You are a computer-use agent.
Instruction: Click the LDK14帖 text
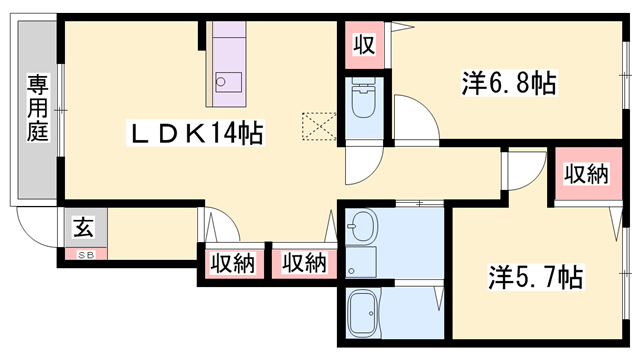pos(196,133)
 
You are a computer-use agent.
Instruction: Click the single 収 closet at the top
pos(362,45)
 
